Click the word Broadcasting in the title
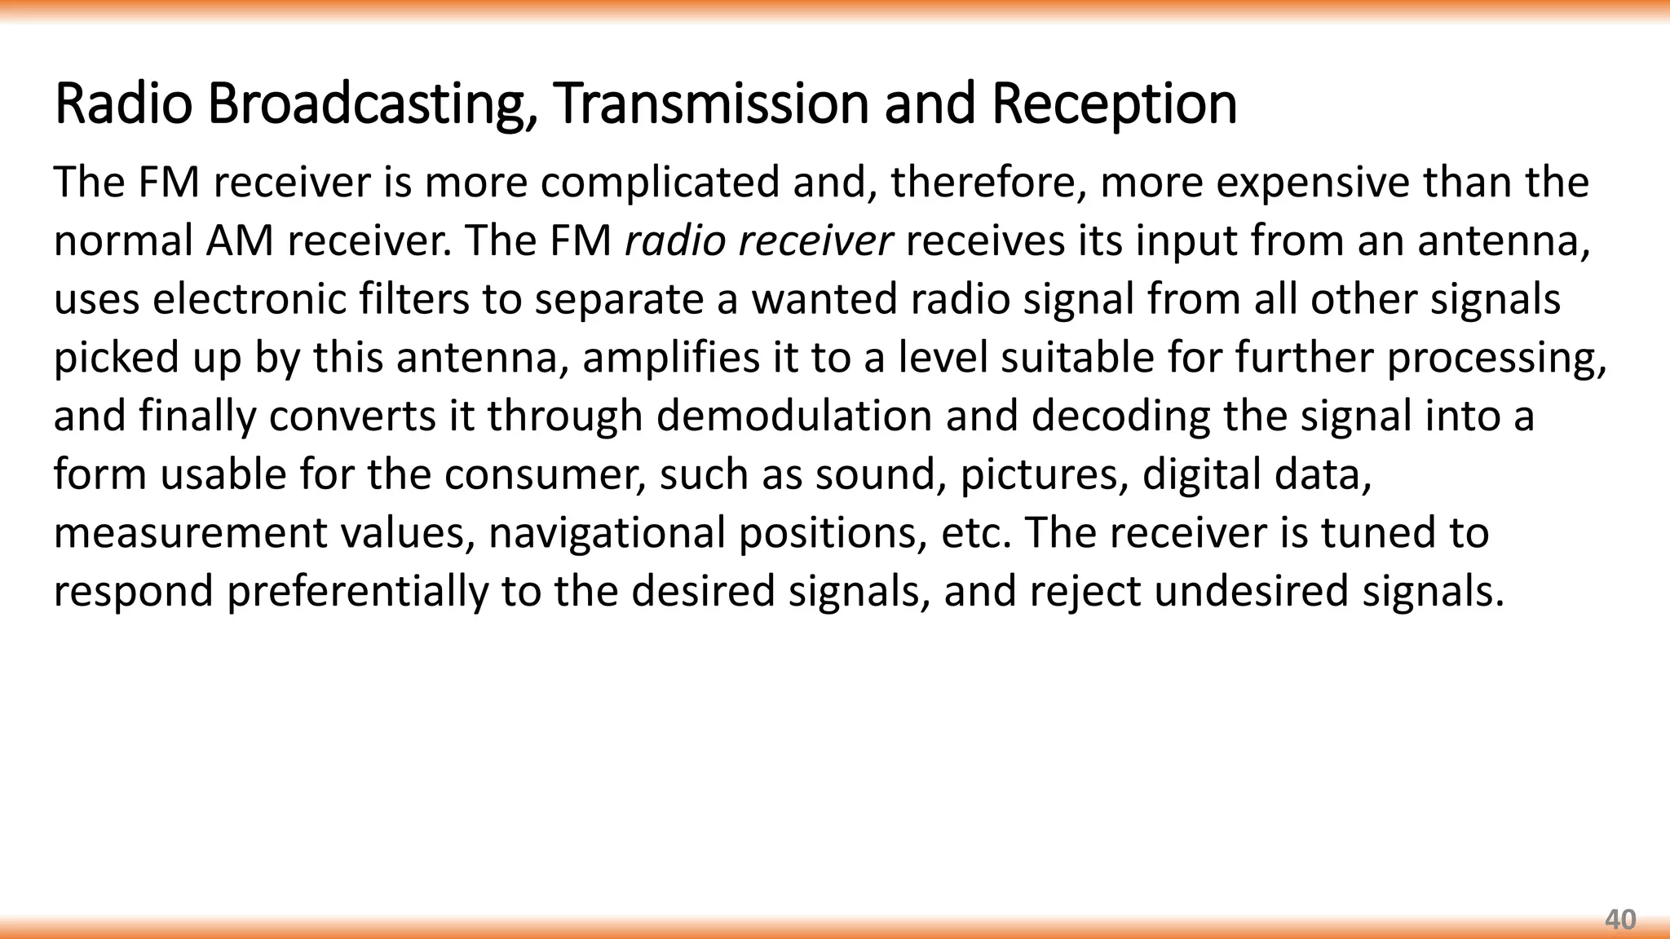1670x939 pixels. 372,104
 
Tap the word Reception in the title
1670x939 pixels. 1114,104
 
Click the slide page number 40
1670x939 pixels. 1619,919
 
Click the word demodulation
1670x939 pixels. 793,416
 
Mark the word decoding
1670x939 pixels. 1120,417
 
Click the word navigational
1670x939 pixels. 607,534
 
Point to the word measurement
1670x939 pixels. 190,533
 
